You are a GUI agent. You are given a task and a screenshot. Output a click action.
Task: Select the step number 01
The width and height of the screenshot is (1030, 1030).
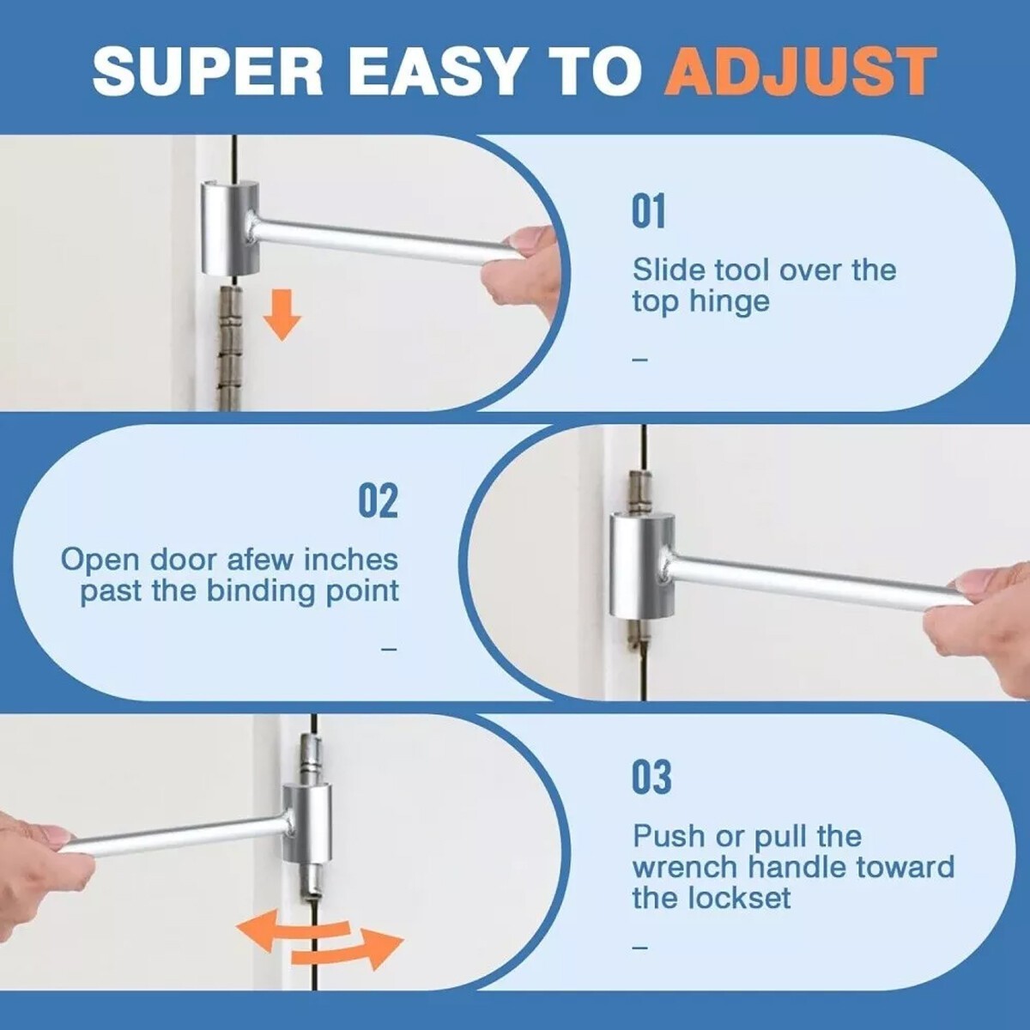648,211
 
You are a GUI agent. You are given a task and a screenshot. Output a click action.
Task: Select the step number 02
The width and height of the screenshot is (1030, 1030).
378,500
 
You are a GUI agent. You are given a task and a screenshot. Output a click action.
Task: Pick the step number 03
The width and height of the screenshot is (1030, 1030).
651,777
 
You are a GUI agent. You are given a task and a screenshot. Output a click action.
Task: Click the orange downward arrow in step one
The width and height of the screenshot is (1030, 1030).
282,315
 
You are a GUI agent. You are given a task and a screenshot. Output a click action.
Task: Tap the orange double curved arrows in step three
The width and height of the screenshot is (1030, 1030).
319,942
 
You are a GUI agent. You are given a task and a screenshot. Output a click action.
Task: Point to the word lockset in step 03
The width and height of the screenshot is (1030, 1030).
739,899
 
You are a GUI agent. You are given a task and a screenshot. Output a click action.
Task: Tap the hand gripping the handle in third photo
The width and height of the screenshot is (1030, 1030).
39,867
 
